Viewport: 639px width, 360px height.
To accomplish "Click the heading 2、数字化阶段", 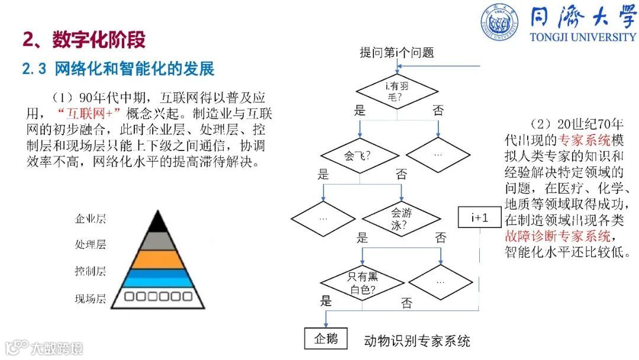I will (x=84, y=40).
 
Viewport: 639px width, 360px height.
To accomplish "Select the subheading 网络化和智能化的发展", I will (x=134, y=69).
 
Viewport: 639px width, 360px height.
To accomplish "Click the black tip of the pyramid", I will (x=157, y=222).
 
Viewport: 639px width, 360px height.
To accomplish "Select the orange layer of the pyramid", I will (x=157, y=259).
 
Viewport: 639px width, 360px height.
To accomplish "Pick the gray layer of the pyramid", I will (x=157, y=240).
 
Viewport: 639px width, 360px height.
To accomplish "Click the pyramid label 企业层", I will (x=91, y=219).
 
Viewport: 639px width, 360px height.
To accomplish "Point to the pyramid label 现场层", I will (x=91, y=298).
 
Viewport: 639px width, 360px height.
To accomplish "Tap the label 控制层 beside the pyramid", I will (x=91, y=272).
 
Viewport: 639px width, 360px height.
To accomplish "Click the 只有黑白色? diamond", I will (x=363, y=283).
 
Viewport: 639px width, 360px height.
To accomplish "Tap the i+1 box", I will (x=480, y=218).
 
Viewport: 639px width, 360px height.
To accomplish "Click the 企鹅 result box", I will (x=325, y=338).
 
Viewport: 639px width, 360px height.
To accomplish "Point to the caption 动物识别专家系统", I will (x=417, y=340).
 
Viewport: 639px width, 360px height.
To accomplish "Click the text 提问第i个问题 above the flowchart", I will (x=397, y=53).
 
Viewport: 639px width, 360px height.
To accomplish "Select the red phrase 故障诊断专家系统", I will (x=557, y=236).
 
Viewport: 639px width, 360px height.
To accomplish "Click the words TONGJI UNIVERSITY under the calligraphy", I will (x=583, y=37).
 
